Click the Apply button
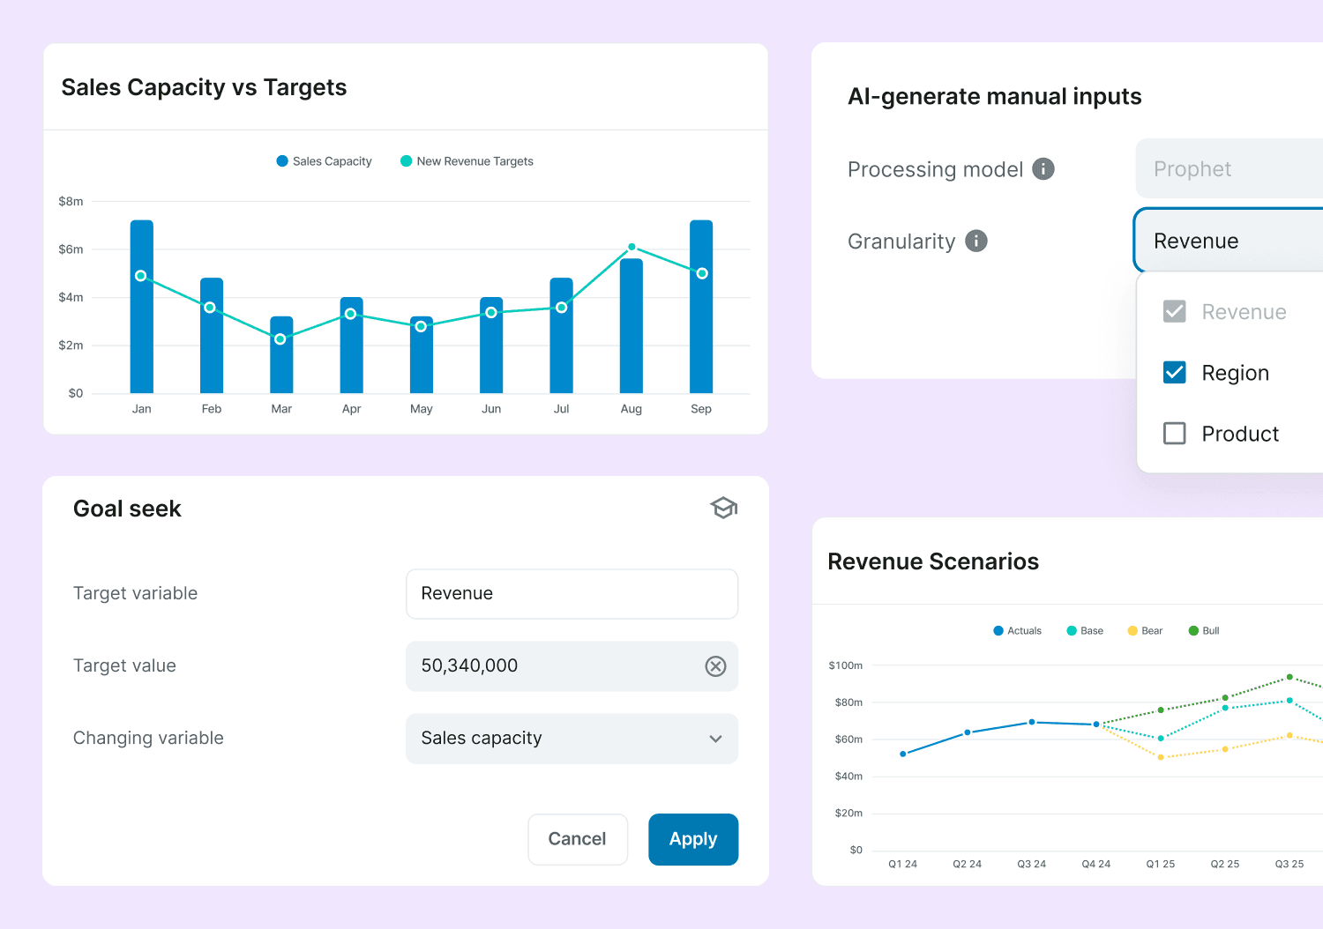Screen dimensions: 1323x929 coord(692,839)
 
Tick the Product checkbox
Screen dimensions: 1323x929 coord(1174,434)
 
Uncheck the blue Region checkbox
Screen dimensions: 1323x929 coord(1174,373)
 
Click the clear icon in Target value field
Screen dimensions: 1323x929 coord(715,665)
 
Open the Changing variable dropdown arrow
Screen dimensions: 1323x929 coord(715,739)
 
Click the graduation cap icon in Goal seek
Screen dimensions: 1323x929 coord(723,508)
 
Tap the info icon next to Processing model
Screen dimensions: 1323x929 coord(1043,169)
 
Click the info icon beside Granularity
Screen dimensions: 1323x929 coord(975,241)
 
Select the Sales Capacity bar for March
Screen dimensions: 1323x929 coord(281,354)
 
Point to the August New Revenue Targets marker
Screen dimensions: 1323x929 coord(632,247)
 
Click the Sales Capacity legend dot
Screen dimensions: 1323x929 coord(282,161)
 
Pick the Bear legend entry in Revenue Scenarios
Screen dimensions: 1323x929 coord(1145,630)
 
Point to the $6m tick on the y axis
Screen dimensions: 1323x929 coord(71,249)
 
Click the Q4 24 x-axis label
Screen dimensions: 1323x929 coord(1095,864)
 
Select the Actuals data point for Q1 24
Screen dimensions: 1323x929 coord(902,754)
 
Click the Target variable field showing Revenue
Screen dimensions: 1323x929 coord(572,594)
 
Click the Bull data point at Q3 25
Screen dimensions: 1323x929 coord(1289,677)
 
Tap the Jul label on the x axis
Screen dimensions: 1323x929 coord(561,408)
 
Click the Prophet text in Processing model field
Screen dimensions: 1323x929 coord(1192,169)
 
